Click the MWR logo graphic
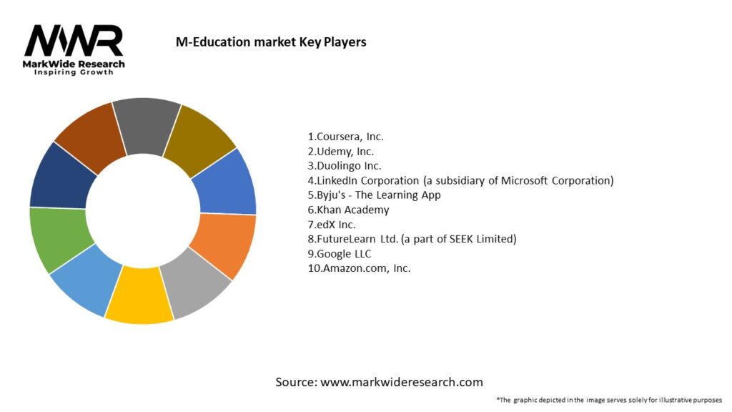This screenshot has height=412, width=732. coord(74,41)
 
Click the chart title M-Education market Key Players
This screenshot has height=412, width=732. coord(271,42)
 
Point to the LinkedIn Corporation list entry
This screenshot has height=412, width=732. coord(460,180)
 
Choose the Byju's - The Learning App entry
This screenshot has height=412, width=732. coord(374,195)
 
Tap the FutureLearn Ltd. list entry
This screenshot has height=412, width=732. coord(412,239)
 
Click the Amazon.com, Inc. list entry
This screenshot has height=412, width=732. coord(359,268)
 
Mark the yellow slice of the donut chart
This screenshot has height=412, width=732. coord(139,295)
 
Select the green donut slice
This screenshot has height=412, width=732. coord(56,240)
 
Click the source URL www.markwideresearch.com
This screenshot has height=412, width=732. coord(401,382)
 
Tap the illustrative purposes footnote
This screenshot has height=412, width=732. coord(608,400)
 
